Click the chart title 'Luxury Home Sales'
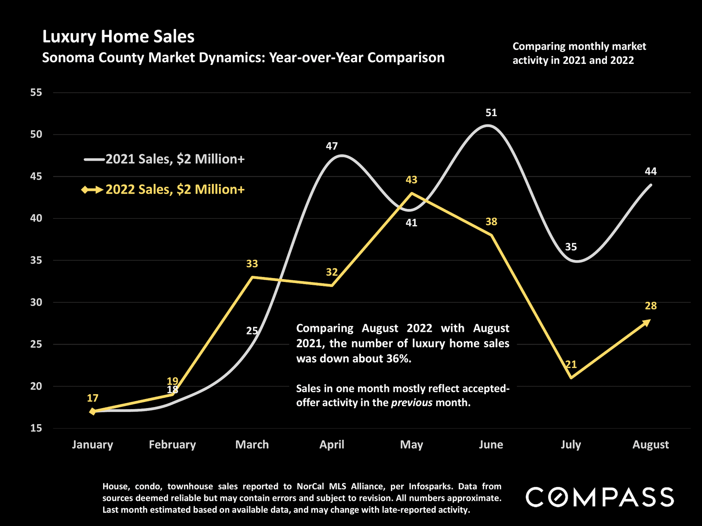click(118, 37)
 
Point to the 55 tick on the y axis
click(36, 92)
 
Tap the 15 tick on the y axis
click(36, 428)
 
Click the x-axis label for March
click(252, 445)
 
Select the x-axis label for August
click(650, 445)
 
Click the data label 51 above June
click(491, 113)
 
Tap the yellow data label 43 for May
click(411, 180)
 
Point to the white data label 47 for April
click(332, 146)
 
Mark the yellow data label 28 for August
click(650, 306)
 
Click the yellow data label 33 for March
click(252, 264)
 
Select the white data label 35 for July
click(571, 247)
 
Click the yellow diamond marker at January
click(93, 411)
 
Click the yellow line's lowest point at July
click(571, 378)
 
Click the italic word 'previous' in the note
click(412, 403)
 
